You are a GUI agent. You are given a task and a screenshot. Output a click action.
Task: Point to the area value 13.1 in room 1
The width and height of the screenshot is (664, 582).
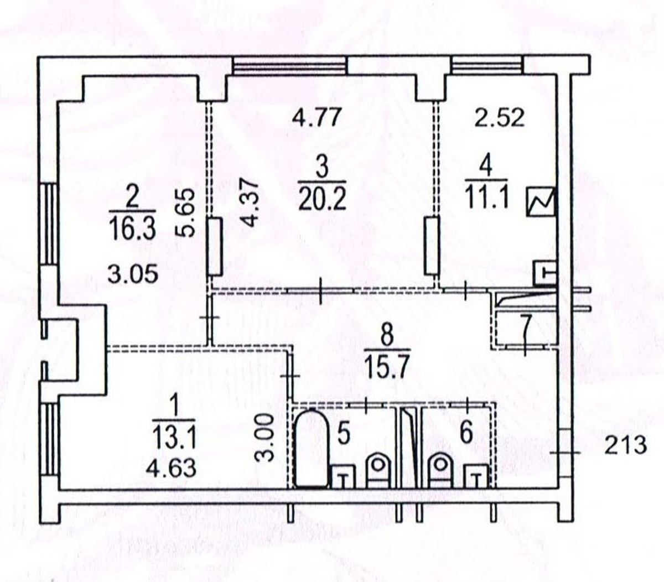[x=174, y=438]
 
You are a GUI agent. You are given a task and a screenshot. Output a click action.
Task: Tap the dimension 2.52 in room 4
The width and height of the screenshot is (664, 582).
[x=500, y=117]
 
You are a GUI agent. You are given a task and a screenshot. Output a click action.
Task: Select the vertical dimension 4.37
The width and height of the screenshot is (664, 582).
[x=250, y=205]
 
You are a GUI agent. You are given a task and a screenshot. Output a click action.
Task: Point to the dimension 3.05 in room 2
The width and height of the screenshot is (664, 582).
[x=133, y=274]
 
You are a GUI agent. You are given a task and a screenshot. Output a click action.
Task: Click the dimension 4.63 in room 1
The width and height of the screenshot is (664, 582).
[x=171, y=467]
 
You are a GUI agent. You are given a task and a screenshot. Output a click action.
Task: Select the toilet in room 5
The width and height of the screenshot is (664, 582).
[x=378, y=471]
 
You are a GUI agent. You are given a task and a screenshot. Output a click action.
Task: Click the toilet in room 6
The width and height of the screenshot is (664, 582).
[x=440, y=471]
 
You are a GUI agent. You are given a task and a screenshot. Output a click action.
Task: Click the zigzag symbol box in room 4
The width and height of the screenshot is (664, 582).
[x=541, y=201]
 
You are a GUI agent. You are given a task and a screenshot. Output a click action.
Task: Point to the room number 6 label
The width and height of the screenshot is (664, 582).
[x=466, y=432]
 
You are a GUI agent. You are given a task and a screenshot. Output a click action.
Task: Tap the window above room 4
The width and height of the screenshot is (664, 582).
[x=487, y=65]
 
